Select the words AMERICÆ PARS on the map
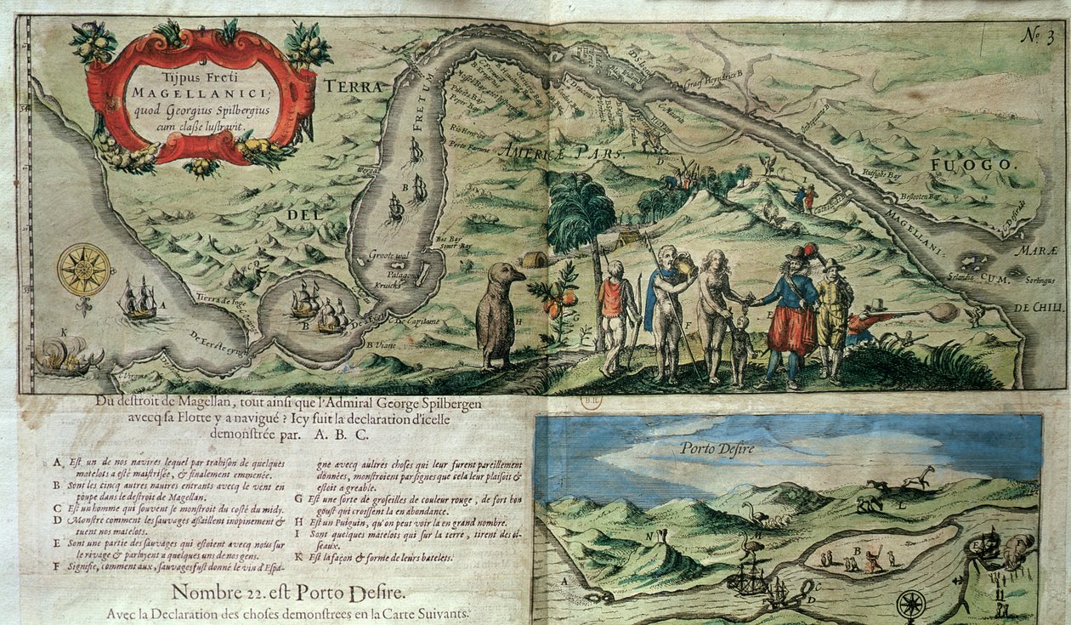562,153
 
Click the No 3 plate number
1037,37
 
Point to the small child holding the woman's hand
741,349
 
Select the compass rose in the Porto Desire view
911,605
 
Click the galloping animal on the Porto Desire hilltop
918,477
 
